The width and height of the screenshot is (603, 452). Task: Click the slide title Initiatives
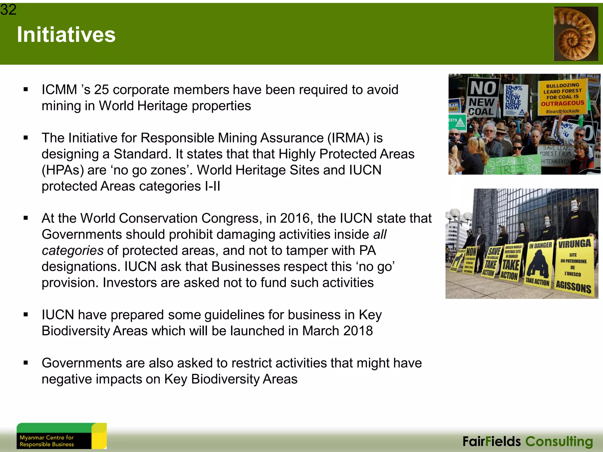tap(66, 35)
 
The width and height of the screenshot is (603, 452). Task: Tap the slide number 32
tap(8, 10)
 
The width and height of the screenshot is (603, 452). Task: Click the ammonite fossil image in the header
tap(576, 34)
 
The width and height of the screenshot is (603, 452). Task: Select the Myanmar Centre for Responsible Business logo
tap(62, 436)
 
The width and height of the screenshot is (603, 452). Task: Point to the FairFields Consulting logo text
tap(528, 441)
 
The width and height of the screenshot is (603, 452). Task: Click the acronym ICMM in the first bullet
tap(59, 90)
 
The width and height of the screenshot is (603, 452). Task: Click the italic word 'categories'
tap(72, 251)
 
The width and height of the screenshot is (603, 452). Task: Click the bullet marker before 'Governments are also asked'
tap(26, 363)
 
